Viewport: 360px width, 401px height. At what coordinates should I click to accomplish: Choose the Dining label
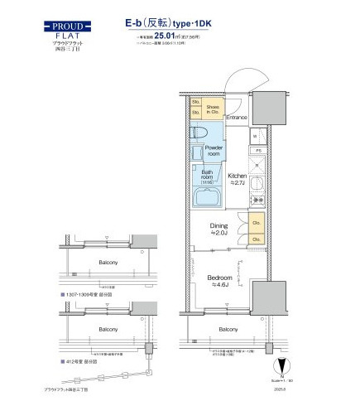pyautogui.click(x=218, y=227)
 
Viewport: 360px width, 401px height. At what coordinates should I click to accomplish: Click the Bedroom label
pyautogui.click(x=219, y=280)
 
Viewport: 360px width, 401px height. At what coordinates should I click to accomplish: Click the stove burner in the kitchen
pyautogui.click(x=258, y=200)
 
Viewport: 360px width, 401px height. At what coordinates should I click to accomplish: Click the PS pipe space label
pyautogui.click(x=258, y=150)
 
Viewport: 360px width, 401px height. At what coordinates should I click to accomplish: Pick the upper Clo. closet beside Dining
pyautogui.click(x=256, y=223)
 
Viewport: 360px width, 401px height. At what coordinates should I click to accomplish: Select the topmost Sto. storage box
pyautogui.click(x=196, y=103)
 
